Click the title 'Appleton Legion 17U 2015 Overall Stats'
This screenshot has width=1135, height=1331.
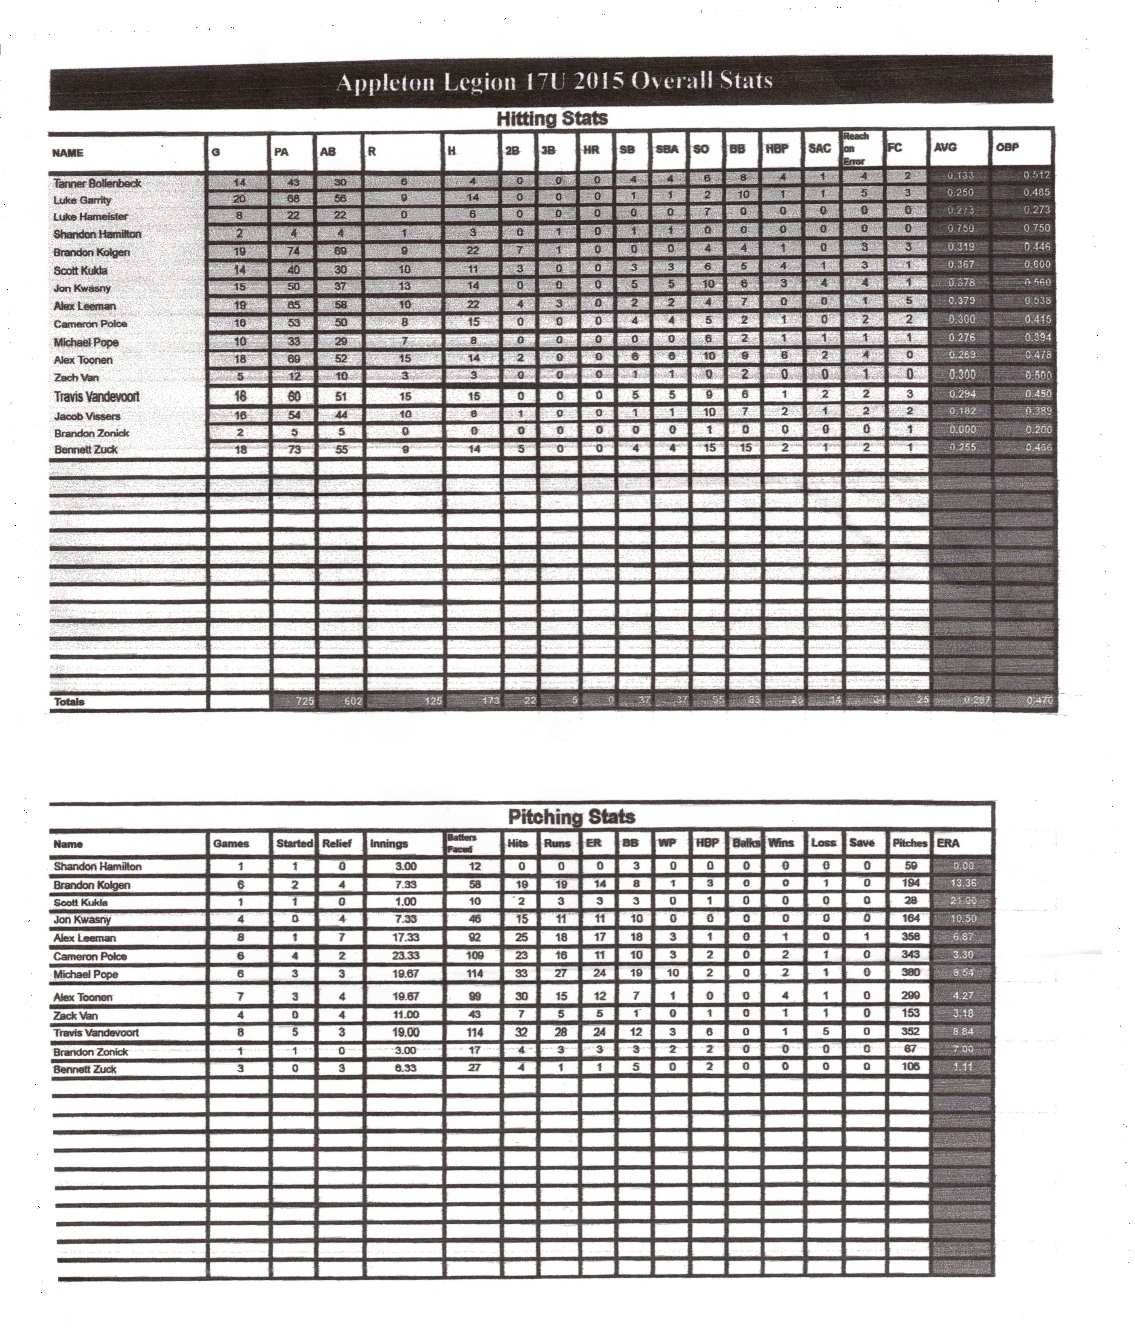point(554,82)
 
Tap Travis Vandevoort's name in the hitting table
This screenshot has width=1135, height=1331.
point(96,396)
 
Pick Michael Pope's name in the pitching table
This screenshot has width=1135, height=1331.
point(86,974)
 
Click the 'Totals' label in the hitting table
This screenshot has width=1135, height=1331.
point(69,702)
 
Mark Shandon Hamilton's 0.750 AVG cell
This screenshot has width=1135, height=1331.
point(961,228)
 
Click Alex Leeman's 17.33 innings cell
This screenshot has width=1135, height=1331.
point(405,938)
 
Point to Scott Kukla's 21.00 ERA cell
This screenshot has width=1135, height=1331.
point(962,901)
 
